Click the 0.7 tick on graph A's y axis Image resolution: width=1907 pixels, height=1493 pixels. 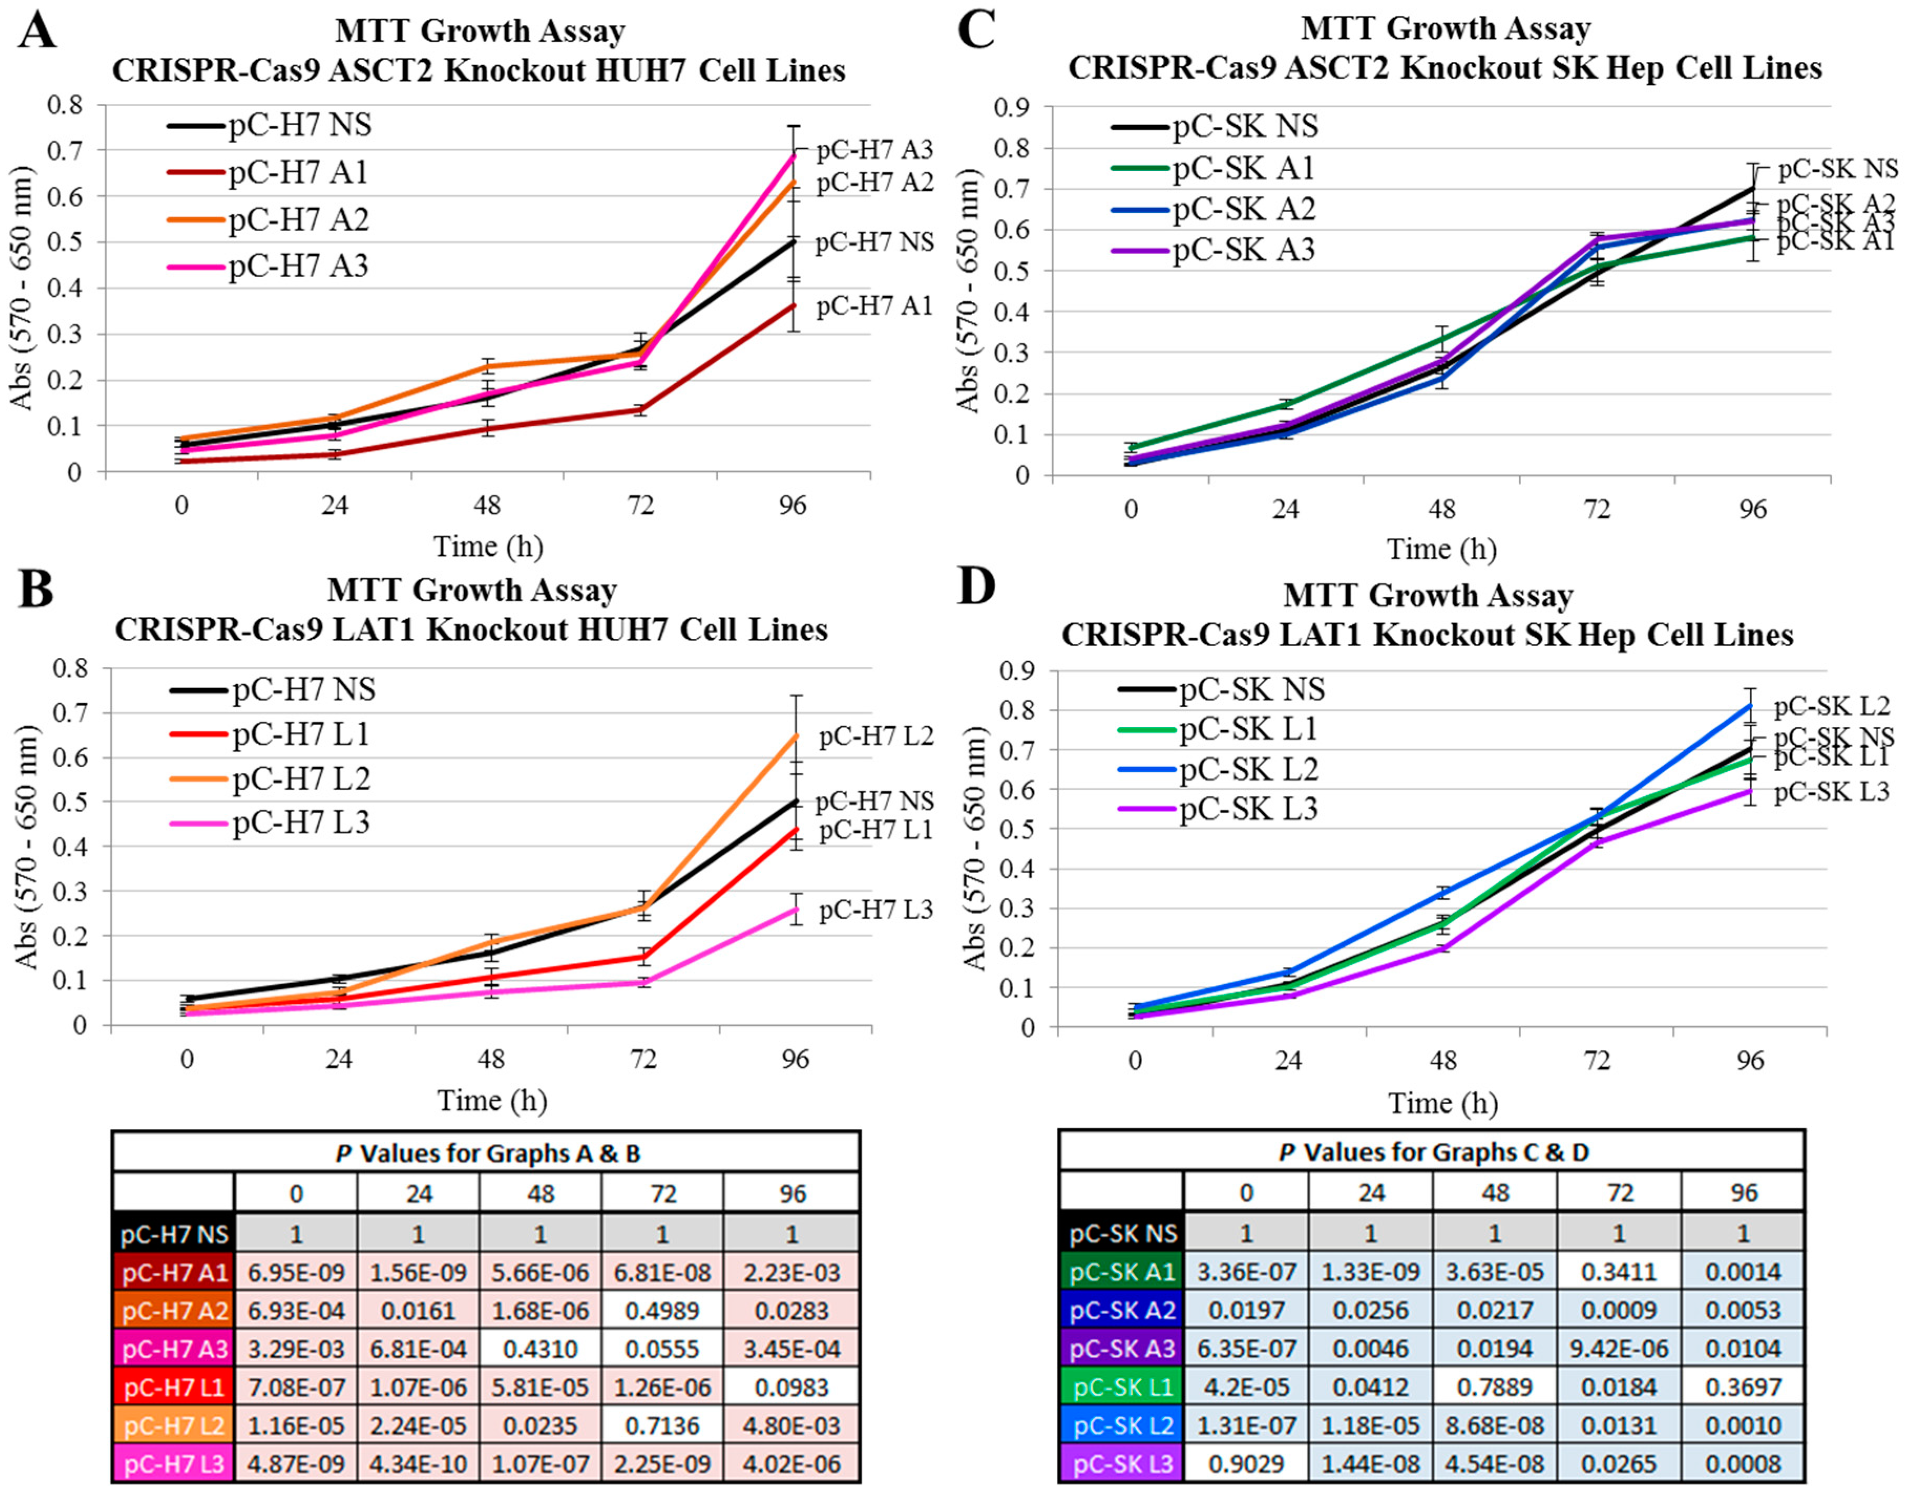[67, 150]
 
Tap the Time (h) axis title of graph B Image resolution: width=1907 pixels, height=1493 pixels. [492, 1100]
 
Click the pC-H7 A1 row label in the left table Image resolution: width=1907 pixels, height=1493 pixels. [174, 1273]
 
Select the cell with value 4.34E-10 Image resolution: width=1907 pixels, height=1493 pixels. [419, 1463]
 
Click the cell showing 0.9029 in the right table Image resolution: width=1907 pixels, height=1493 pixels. [1246, 1463]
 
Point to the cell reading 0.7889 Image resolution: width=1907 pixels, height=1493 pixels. [1495, 1387]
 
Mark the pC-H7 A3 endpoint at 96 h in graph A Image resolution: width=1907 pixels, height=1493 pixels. [794, 155]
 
